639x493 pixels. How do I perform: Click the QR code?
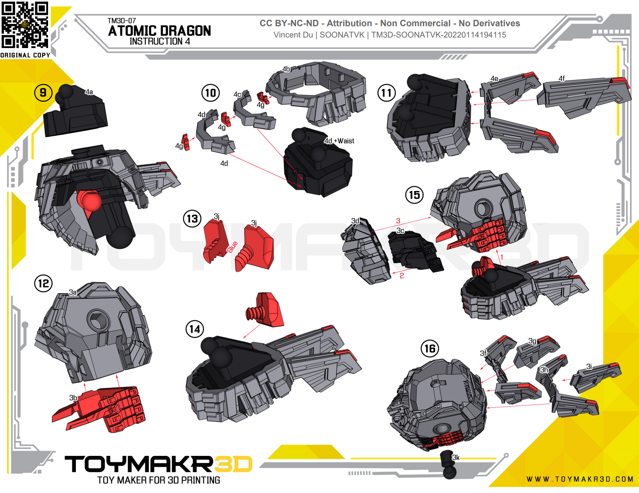click(25, 25)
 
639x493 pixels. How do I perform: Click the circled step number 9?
click(43, 93)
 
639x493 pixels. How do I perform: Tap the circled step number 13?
click(192, 219)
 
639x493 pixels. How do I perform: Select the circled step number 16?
click(430, 349)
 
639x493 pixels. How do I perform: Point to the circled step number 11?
click(387, 93)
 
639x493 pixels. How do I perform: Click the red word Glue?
click(232, 247)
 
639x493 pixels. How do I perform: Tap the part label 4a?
click(89, 92)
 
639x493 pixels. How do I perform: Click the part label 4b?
click(286, 69)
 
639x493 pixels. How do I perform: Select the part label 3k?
click(456, 457)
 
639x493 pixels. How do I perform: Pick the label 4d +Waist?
click(339, 141)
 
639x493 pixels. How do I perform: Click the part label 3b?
click(73, 398)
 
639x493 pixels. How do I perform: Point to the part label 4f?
click(562, 78)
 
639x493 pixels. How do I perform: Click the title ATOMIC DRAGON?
click(160, 31)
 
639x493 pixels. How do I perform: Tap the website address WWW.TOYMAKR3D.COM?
click(580, 479)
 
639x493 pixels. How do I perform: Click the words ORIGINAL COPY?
click(25, 55)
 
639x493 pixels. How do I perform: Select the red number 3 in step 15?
click(398, 220)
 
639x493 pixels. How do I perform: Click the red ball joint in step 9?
click(91, 200)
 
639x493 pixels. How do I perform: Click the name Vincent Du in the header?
click(293, 35)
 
